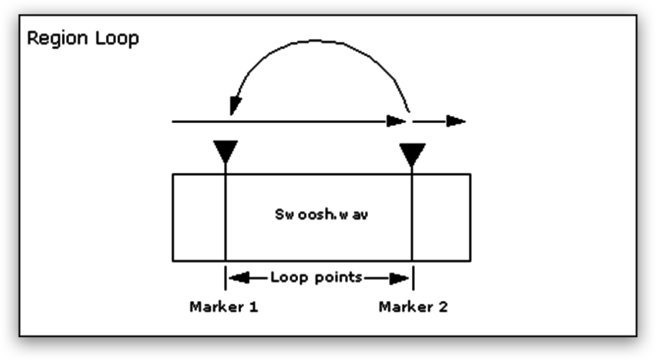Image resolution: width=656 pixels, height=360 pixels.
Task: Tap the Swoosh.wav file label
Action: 322,215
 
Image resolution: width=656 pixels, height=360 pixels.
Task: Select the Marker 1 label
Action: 224,307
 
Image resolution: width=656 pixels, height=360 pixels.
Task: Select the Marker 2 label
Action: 413,307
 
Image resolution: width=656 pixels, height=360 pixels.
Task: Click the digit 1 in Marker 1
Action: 253,307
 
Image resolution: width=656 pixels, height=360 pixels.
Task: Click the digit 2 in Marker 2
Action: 443,307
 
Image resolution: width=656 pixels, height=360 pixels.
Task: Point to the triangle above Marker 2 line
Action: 412,154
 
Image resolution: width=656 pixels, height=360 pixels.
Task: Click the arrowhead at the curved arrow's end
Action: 233,107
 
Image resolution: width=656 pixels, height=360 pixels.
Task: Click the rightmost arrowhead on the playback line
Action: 456,120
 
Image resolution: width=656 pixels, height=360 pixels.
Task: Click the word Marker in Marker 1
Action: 214,307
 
